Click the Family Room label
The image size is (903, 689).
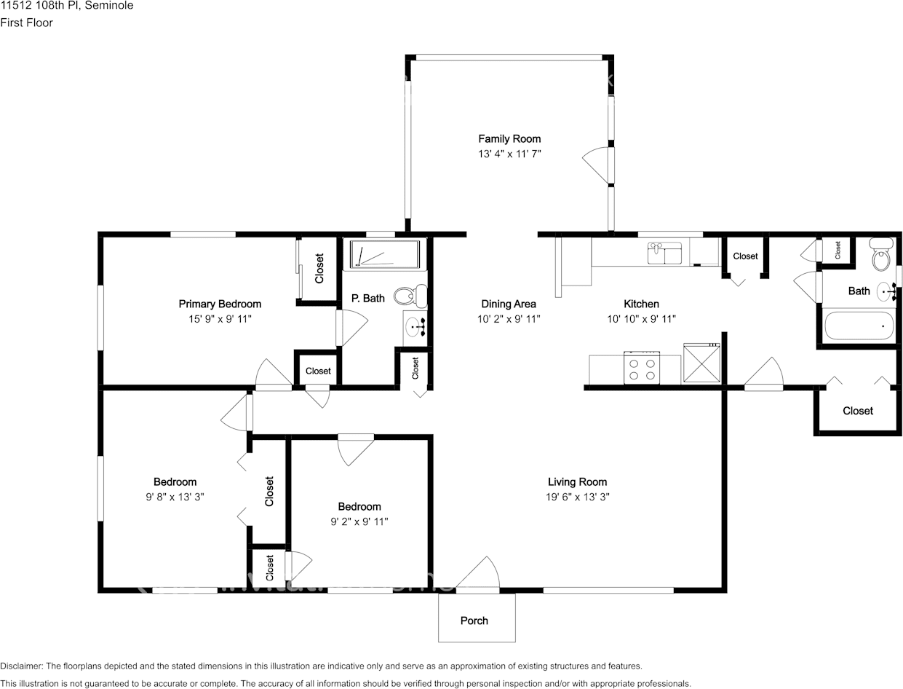pyautogui.click(x=509, y=139)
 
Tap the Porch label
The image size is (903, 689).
pyautogui.click(x=474, y=621)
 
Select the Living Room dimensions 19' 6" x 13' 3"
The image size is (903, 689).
pyautogui.click(x=577, y=497)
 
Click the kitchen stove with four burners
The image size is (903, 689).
pyautogui.click(x=642, y=368)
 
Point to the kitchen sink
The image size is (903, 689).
pyautogui.click(x=664, y=253)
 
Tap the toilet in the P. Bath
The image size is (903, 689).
pyautogui.click(x=410, y=296)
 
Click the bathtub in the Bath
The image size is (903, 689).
pyautogui.click(x=859, y=326)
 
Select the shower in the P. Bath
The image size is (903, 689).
pyautogui.click(x=385, y=255)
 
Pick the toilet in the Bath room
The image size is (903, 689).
pyautogui.click(x=880, y=254)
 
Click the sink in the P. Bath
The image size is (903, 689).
pyautogui.click(x=415, y=328)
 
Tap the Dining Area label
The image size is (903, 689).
pyautogui.click(x=509, y=304)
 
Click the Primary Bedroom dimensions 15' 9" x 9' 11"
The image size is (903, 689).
pyautogui.click(x=220, y=319)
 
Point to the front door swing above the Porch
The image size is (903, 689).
pyautogui.click(x=478, y=573)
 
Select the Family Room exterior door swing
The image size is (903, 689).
pyautogui.click(x=597, y=165)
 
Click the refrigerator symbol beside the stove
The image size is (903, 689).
pyautogui.click(x=702, y=363)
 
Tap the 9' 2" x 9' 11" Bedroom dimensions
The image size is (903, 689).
pyautogui.click(x=359, y=521)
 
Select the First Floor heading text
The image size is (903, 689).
pyautogui.click(x=26, y=23)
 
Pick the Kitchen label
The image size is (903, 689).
pyautogui.click(x=641, y=304)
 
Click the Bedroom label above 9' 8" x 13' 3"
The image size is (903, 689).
pyautogui.click(x=175, y=482)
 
